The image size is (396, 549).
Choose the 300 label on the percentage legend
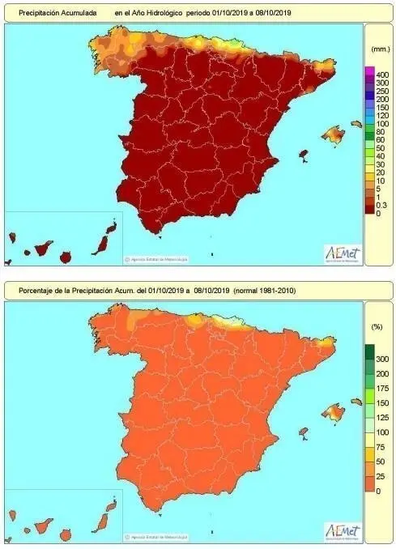coord(377,358)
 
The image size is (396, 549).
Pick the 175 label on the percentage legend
coord(377,388)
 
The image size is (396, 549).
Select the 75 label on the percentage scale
coord(376,448)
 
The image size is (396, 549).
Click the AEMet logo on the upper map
coord(343,253)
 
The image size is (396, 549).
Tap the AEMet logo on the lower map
coord(343,530)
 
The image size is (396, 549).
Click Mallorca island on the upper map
coord(333,133)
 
